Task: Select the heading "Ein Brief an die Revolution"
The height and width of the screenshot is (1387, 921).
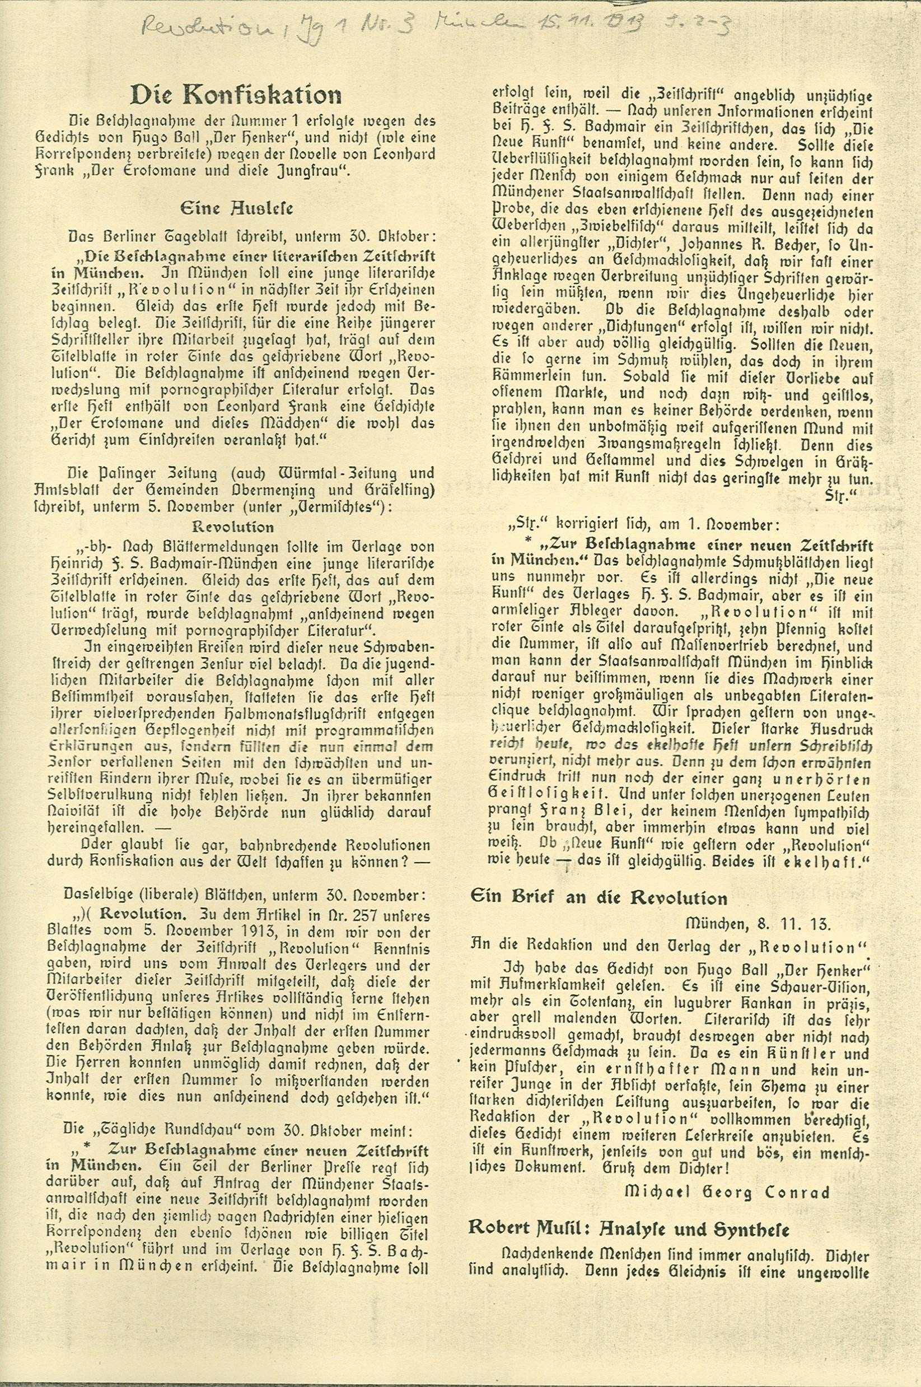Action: [x=599, y=898]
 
